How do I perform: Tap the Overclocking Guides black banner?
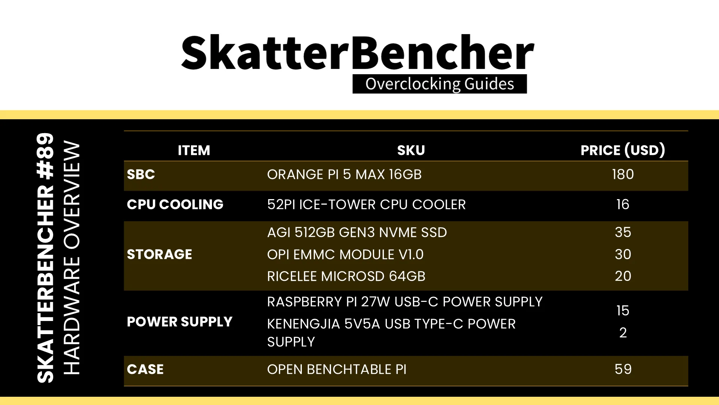440,84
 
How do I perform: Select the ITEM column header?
194,150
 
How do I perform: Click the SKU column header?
411,150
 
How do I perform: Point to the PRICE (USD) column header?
623,150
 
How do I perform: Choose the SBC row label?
141,174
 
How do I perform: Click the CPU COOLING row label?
175,204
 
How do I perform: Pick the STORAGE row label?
160,254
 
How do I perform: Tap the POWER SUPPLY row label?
180,322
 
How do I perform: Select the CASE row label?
145,369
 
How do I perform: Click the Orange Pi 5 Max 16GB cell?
345,174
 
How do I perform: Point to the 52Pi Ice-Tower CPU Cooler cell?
367,204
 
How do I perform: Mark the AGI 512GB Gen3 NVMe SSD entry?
357,232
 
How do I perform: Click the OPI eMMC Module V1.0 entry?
345,254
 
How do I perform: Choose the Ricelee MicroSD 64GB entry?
346,276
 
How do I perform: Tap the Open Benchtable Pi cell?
337,369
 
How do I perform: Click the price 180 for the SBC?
623,174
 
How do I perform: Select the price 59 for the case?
623,369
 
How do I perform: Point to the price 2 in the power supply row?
623,333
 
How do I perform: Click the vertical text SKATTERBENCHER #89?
46,258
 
